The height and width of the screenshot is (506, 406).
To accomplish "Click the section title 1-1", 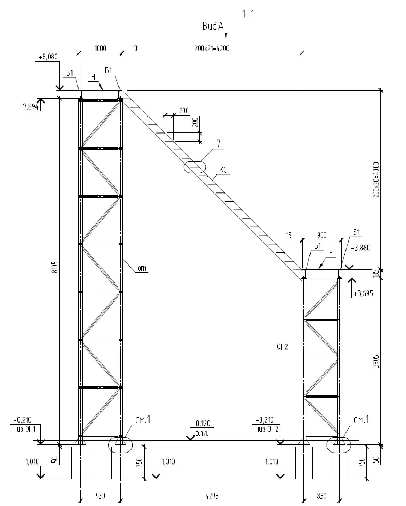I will pos(248,15).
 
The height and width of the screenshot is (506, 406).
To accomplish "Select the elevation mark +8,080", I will pos(49,56).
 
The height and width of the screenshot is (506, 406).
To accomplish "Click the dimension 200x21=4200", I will pos(211,48).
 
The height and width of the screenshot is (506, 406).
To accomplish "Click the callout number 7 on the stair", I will pos(218,144).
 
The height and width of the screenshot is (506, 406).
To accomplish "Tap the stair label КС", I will pos(223,170).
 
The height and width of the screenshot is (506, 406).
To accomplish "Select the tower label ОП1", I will pos(143,268).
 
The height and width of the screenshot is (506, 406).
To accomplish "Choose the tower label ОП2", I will pos(282,346).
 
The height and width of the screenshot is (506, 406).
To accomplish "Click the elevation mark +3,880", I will pos(361,248).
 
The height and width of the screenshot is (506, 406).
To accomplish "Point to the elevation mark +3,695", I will pos(362,294).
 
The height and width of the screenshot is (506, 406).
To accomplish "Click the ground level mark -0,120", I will pos(201,423).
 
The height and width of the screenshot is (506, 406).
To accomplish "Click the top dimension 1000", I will pos(100,48).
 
